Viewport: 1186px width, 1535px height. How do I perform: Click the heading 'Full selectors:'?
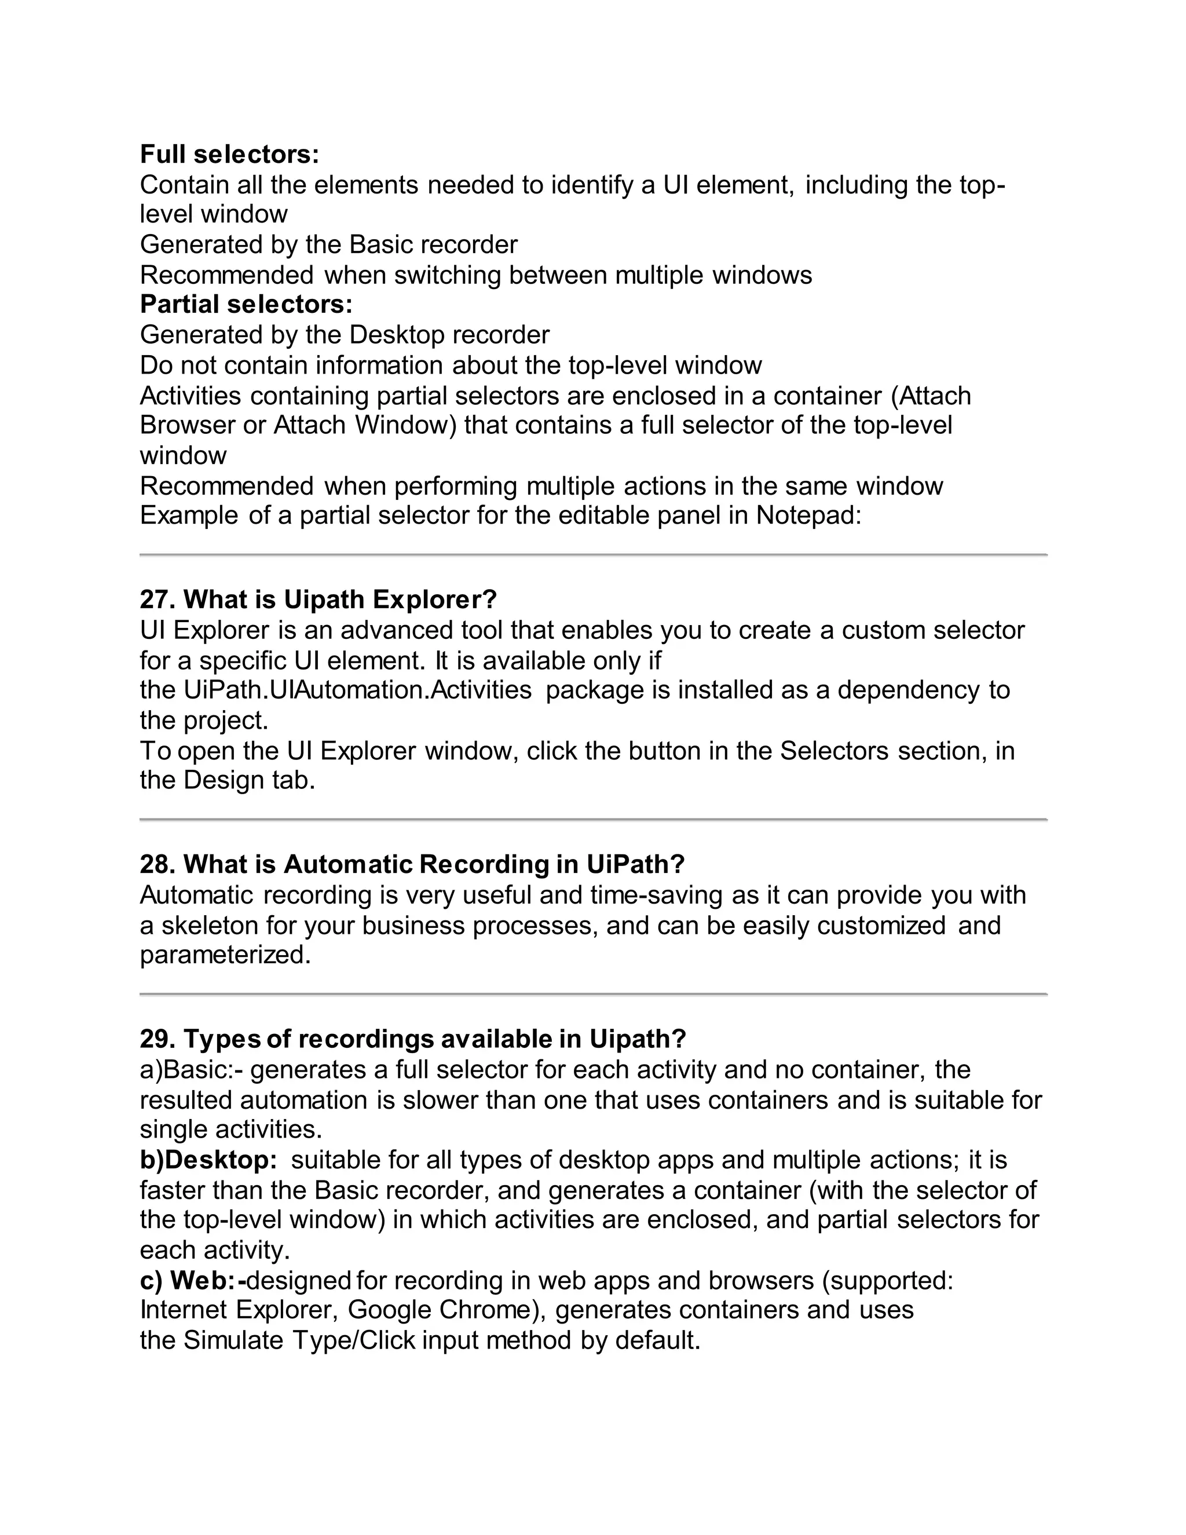coord(229,154)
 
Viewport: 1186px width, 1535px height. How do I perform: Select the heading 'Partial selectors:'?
coord(246,304)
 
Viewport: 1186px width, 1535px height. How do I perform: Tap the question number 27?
coord(158,600)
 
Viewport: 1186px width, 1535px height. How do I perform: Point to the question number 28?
coord(158,864)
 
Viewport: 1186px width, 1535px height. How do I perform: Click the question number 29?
coord(158,1039)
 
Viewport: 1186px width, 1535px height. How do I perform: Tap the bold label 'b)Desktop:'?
coord(208,1160)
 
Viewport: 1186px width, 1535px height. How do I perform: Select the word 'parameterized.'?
coord(225,955)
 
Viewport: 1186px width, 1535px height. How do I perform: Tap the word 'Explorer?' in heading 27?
coord(434,600)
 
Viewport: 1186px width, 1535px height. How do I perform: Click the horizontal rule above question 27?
coord(593,555)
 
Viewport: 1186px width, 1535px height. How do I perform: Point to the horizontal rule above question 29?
coord(593,995)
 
